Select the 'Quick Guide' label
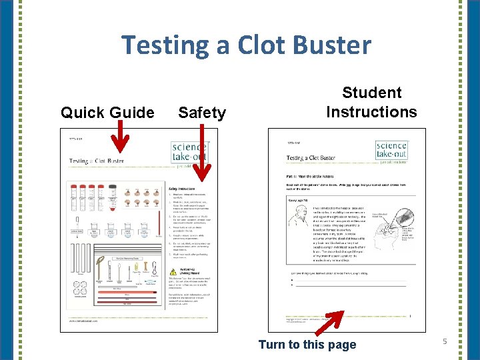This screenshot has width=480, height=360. pyautogui.click(x=107, y=113)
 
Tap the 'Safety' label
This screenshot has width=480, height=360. pyautogui.click(x=202, y=113)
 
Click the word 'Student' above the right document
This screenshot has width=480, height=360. pyautogui.click(x=372, y=93)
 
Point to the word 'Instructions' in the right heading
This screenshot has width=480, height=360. pyautogui.click(x=372, y=111)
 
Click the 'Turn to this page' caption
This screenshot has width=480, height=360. pyautogui.click(x=307, y=344)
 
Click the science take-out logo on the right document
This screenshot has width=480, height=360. pyautogui.click(x=391, y=151)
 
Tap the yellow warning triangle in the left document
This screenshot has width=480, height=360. pyautogui.click(x=173, y=272)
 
